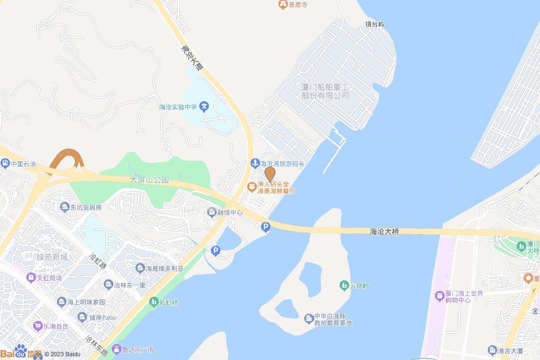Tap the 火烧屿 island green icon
(x=344, y=285)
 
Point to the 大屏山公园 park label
(x=149, y=180)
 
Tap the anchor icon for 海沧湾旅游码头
(x=254, y=163)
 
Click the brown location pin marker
(x=270, y=173)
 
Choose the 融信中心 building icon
(x=211, y=212)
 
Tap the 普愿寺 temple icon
(x=283, y=4)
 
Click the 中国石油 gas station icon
(x=5, y=164)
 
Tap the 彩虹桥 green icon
(x=153, y=302)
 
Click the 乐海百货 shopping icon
(x=37, y=326)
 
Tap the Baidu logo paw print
(x=21, y=351)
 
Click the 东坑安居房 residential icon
(x=65, y=207)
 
